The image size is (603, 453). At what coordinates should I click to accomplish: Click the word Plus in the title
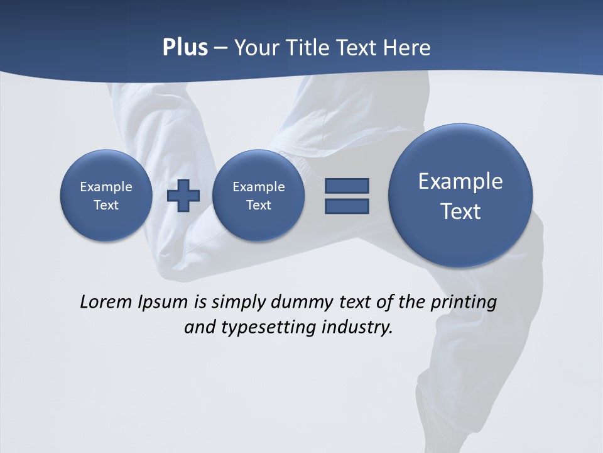[x=185, y=48]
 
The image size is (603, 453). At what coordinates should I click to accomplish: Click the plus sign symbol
[x=183, y=196]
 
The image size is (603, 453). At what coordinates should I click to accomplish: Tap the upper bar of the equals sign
[x=347, y=186]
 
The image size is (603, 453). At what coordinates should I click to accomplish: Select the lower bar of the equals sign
[x=347, y=206]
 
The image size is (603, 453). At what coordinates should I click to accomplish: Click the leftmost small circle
[x=106, y=195]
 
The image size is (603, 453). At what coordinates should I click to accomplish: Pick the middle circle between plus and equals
[x=258, y=195]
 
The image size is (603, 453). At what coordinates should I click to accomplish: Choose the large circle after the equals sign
[x=460, y=195]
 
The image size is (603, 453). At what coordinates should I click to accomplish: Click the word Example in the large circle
[x=460, y=181]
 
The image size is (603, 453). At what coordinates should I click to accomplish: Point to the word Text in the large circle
[x=460, y=211]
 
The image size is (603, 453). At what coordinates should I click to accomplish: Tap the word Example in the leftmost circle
[x=106, y=187]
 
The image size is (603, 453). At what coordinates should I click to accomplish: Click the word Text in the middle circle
[x=258, y=205]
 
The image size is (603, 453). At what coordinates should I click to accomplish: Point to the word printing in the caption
[x=464, y=302]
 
